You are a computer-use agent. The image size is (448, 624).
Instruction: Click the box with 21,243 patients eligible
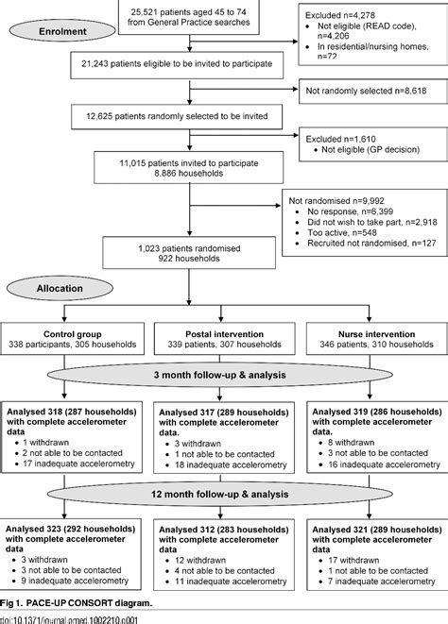(172, 64)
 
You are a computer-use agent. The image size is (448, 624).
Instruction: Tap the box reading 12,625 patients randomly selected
(172, 117)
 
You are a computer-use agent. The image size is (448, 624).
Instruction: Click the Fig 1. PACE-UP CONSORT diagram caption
(74, 602)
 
